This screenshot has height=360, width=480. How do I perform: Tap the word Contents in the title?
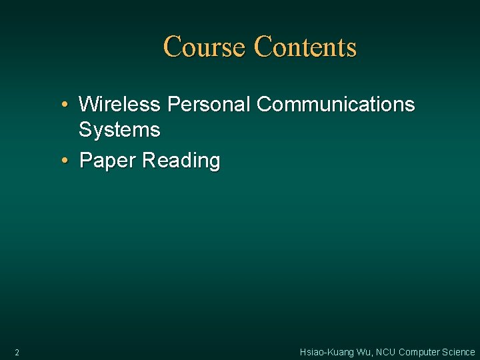[305, 47]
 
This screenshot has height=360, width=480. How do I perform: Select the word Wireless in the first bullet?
[120, 105]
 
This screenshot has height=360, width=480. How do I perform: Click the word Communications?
[335, 105]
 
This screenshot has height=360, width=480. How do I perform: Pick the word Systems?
[119, 129]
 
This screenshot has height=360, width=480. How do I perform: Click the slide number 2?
[17, 352]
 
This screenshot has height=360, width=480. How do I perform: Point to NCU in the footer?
[386, 352]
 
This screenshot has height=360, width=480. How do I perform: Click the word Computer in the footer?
[419, 352]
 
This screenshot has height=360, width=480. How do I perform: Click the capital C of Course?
[172, 47]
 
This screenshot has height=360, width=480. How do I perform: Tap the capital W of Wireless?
[87, 105]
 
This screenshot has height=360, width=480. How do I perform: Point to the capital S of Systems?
[85, 129]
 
